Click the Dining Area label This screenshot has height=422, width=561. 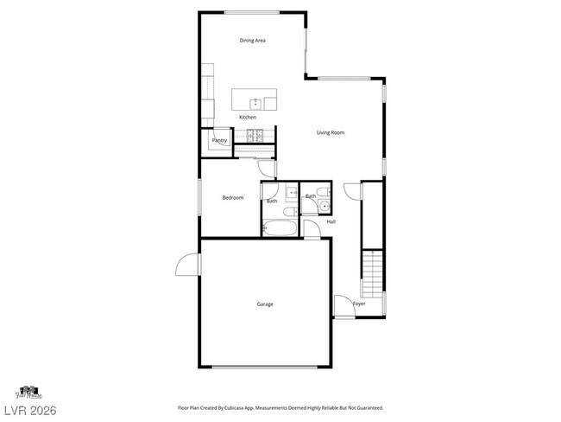tap(251, 41)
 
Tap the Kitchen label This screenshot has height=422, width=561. tap(248, 118)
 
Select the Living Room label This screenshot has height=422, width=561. tap(331, 132)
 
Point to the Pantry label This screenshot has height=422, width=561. tap(220, 140)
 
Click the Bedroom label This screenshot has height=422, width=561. tap(233, 198)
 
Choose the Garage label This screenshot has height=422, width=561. tap(265, 304)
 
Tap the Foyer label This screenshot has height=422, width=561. tap(359, 304)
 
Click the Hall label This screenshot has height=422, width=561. tap(331, 222)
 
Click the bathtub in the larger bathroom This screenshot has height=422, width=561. tap(280, 229)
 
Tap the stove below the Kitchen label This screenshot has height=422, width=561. tap(255, 135)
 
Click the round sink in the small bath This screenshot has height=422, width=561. tap(319, 208)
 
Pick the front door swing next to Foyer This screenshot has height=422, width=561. tap(344, 306)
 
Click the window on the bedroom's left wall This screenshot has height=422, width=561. tap(200, 198)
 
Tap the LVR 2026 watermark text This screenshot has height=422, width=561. tap(28, 407)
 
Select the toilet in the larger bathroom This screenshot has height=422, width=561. tap(292, 193)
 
